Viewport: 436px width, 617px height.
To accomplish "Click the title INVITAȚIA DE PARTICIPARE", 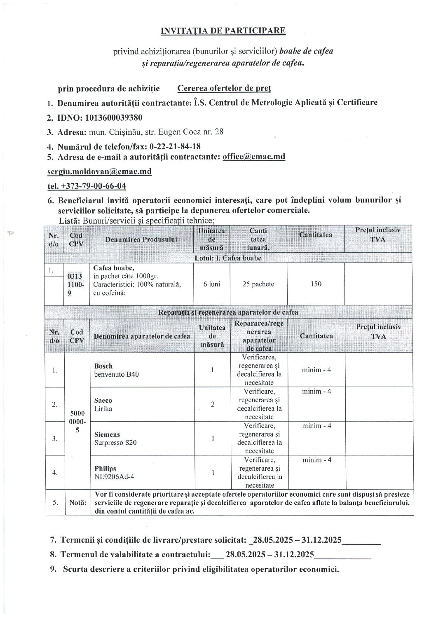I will coord(223,30).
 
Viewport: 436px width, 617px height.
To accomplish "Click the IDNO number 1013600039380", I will coord(114,118).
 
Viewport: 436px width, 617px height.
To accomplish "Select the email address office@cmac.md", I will coord(254,157).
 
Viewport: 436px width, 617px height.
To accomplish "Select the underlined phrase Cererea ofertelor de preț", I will coord(224,88).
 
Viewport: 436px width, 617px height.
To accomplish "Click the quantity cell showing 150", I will coord(316,284).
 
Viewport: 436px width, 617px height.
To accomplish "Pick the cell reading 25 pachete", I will coord(258,284).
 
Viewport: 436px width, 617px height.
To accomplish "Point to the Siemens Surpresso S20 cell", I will coord(115,439).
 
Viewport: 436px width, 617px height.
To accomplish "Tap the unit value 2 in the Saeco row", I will coord(212,404).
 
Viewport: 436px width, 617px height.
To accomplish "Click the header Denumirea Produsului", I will coord(141,239).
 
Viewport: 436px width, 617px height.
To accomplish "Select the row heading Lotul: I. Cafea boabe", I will coord(228,258).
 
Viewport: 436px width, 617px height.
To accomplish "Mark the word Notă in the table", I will coord(77,503).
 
